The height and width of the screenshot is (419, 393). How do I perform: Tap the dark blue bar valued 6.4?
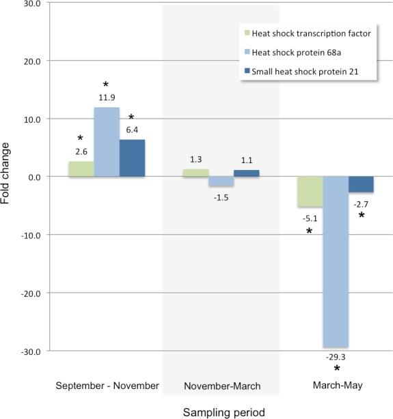[x=132, y=158]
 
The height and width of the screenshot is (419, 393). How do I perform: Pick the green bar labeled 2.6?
[x=81, y=169]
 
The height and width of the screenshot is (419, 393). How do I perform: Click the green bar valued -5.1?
[x=310, y=191]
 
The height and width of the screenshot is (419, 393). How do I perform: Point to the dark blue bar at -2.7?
[x=361, y=184]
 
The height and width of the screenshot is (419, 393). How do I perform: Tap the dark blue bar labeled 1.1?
[x=246, y=173]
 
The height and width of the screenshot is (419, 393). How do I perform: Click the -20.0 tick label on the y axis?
[x=28, y=293]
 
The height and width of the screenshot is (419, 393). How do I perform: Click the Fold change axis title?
[x=8, y=177]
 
